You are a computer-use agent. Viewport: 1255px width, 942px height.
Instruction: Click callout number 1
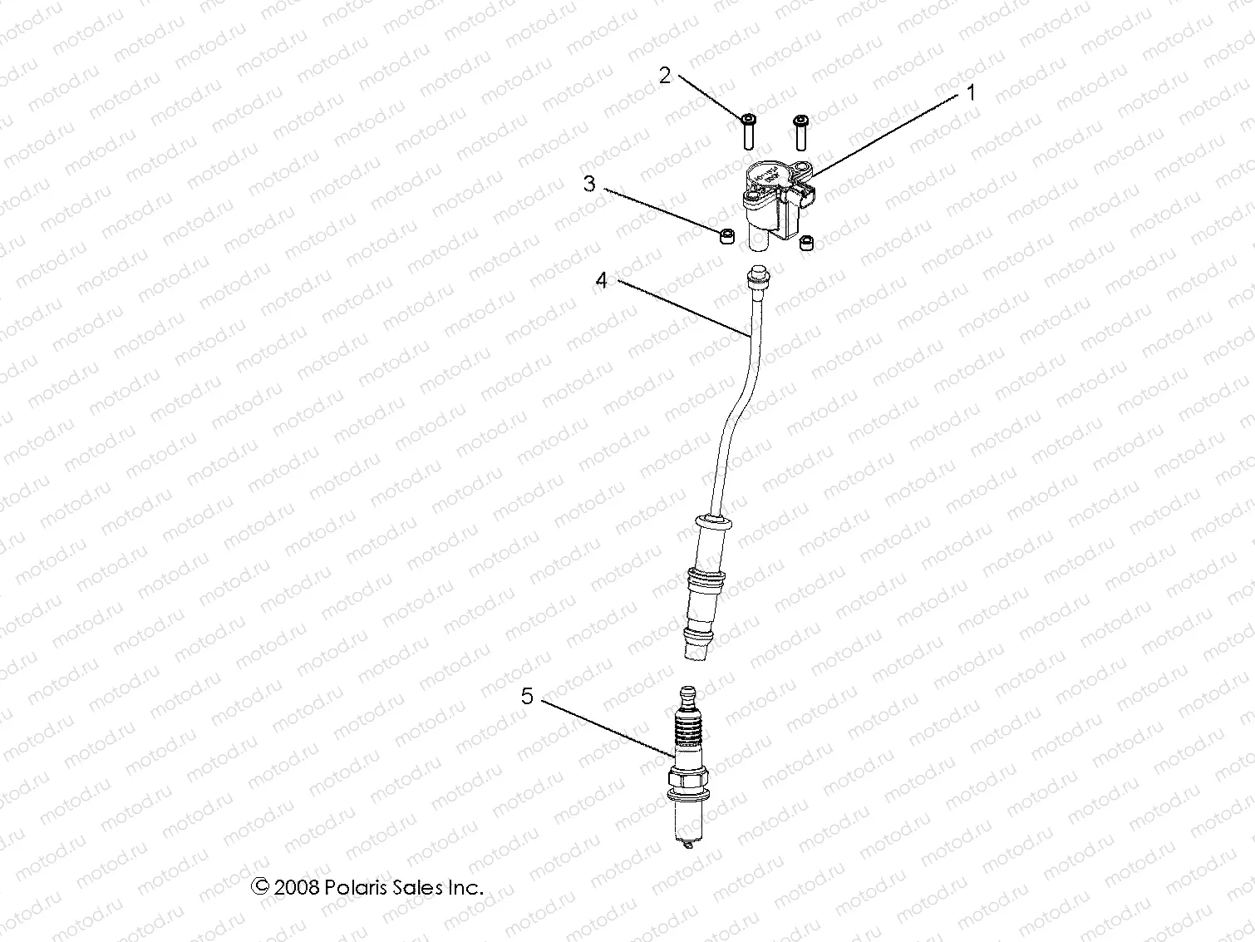tap(970, 93)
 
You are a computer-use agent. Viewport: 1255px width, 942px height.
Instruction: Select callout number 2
tap(664, 76)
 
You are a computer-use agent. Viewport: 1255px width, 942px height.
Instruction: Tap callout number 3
tap(589, 183)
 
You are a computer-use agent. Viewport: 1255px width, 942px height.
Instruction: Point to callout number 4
tap(602, 280)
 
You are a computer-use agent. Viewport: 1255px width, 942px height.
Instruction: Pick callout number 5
tap(527, 695)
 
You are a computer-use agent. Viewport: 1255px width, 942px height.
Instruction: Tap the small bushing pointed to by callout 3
tap(726, 237)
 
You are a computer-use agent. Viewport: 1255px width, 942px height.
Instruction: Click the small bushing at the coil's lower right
tap(805, 244)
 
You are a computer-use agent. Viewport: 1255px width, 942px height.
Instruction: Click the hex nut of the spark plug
tap(687, 781)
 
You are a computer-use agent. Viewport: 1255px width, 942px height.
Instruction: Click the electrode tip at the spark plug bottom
tap(687, 847)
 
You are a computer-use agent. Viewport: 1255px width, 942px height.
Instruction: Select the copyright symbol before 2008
tap(260, 886)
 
